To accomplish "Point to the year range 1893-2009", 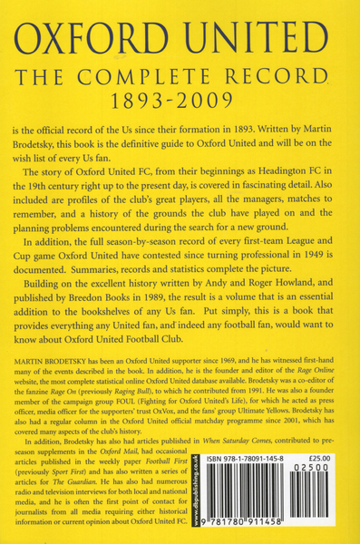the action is pos(180,100).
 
